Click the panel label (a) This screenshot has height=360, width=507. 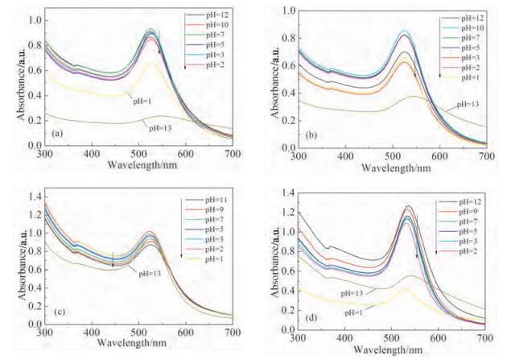(x=58, y=132)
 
